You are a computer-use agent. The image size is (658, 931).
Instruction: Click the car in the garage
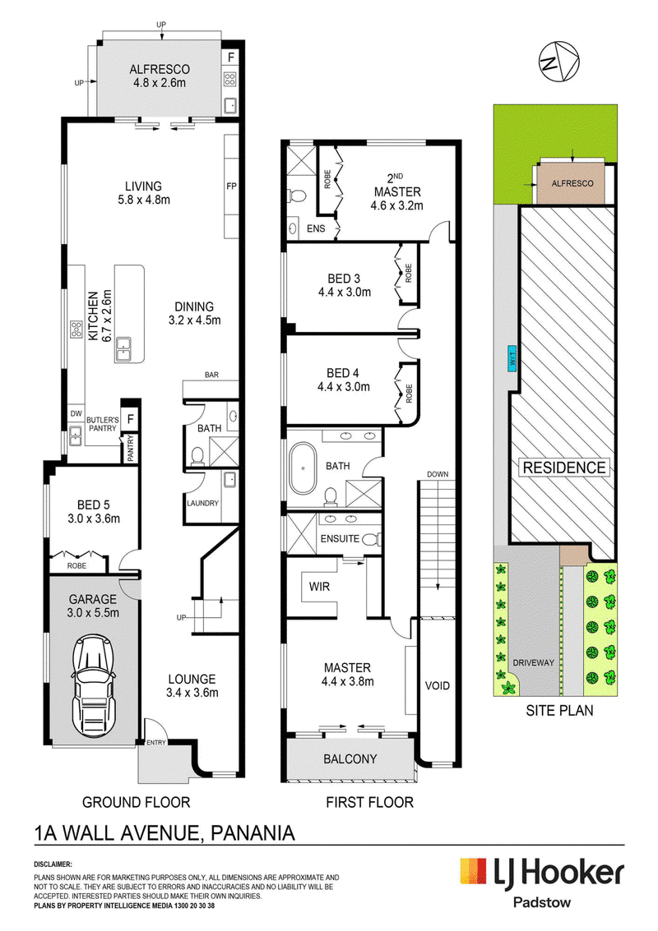tap(93, 687)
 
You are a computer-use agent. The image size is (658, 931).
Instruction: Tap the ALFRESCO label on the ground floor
tap(160, 70)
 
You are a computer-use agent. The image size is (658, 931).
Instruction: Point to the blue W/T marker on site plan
tap(512, 358)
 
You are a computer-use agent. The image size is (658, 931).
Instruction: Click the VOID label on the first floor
tap(438, 686)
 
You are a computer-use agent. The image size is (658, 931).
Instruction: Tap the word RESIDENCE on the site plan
tap(564, 468)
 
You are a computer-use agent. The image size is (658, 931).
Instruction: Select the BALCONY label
tap(350, 758)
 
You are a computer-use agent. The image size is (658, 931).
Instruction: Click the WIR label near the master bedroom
tap(319, 587)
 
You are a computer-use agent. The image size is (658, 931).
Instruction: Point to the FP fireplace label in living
tap(232, 186)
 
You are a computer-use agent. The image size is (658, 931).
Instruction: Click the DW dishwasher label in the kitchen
tap(76, 414)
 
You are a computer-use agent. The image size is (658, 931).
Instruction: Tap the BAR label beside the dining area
tap(211, 375)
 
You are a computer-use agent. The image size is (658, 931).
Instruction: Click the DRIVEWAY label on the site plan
tap(533, 662)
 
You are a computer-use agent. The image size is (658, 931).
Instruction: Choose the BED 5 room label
tap(93, 505)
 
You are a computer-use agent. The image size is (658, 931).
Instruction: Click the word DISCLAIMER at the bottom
tap(53, 864)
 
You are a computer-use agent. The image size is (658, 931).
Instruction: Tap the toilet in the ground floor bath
tap(197, 456)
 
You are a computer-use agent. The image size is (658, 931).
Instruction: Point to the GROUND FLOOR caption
tap(136, 803)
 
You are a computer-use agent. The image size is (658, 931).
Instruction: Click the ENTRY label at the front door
tap(156, 742)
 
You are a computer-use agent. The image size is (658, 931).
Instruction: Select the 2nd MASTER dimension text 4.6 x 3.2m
tap(397, 206)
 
